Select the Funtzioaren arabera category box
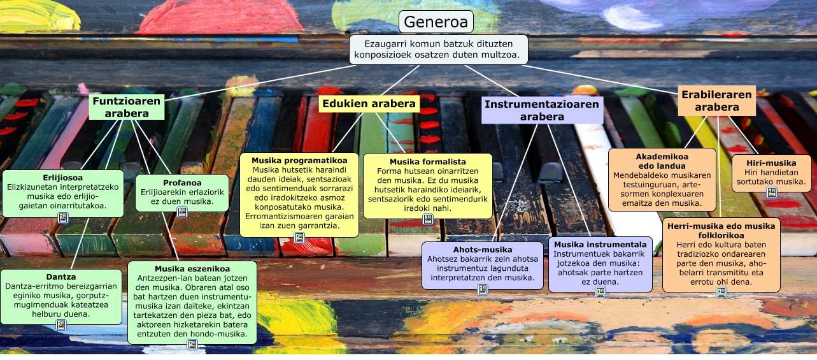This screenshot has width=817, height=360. (x=126, y=107)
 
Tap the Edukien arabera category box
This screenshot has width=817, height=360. (x=369, y=103)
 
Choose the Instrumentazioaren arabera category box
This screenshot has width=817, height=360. (x=542, y=110)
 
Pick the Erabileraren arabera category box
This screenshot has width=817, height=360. (x=716, y=101)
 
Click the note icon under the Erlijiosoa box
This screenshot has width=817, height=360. (x=63, y=218)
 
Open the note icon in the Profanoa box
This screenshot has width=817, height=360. (x=182, y=212)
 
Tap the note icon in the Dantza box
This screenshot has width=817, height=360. (x=61, y=325)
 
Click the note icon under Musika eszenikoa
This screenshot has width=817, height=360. (x=192, y=345)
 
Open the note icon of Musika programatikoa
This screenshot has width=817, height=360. (x=299, y=238)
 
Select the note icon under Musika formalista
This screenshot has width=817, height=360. (x=428, y=219)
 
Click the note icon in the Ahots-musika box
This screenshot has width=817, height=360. (x=483, y=290)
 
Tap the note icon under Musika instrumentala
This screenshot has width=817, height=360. (x=600, y=292)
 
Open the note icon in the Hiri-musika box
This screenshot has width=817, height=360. (x=771, y=192)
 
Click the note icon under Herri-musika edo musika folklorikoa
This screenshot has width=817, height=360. (x=721, y=292)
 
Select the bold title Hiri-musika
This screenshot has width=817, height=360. (x=771, y=163)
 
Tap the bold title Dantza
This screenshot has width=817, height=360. (x=61, y=277)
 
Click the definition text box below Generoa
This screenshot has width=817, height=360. (x=438, y=50)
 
